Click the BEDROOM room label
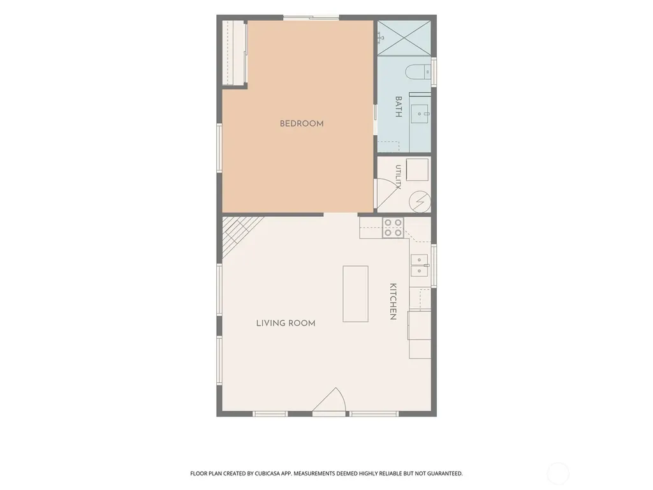pyautogui.click(x=302, y=124)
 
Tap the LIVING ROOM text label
pyautogui.click(x=286, y=323)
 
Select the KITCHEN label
pyautogui.click(x=393, y=301)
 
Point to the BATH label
pyautogui.click(x=398, y=107)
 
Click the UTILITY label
pyautogui.click(x=398, y=177)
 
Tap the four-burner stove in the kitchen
pyautogui.click(x=393, y=228)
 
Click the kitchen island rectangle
pyautogui.click(x=355, y=293)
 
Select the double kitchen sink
pyautogui.click(x=420, y=265)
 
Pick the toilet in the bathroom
pyautogui.click(x=418, y=71)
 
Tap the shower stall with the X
pyautogui.click(x=404, y=37)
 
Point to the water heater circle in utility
pyautogui.click(x=420, y=202)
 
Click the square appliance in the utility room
pyautogui.click(x=417, y=170)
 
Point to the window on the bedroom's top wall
pyautogui.click(x=311, y=17)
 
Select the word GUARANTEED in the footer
pyautogui.click(x=446, y=474)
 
